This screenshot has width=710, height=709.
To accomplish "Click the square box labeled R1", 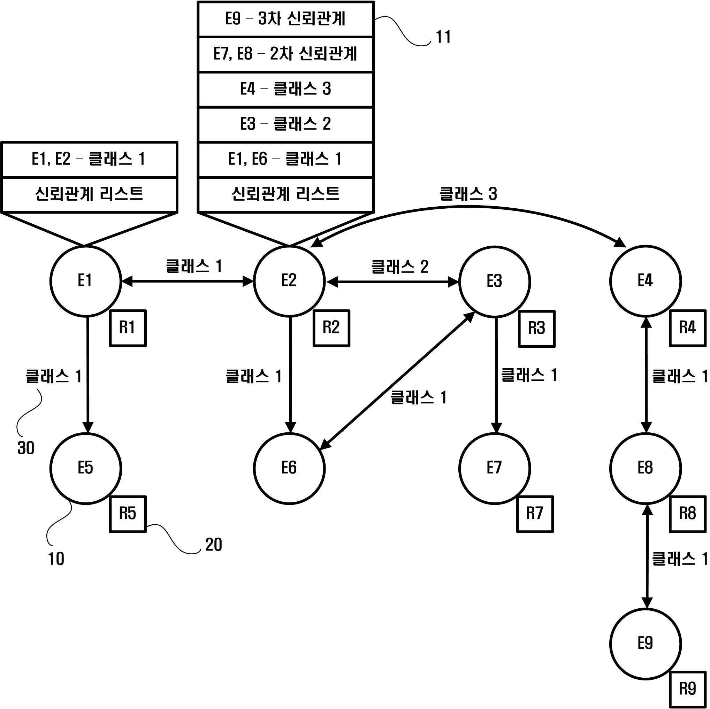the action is (128, 328).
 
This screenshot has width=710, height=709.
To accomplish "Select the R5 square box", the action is (128, 514).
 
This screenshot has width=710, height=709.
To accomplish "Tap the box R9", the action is (688, 689).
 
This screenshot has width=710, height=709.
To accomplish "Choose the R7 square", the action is (535, 514).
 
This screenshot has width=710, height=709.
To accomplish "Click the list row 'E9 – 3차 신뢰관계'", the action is (286, 19).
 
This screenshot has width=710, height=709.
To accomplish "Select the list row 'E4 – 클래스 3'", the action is (286, 89).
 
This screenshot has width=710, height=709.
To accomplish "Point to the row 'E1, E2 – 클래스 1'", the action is (89, 160).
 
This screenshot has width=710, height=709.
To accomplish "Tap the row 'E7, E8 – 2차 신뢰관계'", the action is (286, 54).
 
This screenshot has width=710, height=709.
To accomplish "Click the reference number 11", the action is (443, 37).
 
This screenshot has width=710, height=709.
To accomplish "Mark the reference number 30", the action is (26, 448).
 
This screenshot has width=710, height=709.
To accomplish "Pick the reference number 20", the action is (214, 545).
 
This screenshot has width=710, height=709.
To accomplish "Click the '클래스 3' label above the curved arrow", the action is (468, 194).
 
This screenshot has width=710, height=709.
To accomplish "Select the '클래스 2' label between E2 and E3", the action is (400, 266).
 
